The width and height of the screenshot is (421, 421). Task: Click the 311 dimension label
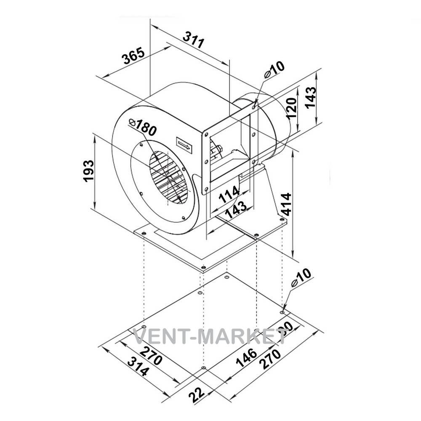coord(194,40)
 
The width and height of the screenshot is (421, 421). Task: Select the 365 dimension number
coord(134,56)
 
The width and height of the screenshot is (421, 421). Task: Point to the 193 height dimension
coord(88,171)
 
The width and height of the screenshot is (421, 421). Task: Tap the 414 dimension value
coord(286,204)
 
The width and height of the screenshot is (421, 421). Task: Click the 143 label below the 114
coord(235,210)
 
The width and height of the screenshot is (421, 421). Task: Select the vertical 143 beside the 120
coord(311,97)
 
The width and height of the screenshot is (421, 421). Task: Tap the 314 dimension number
coord(138,367)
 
